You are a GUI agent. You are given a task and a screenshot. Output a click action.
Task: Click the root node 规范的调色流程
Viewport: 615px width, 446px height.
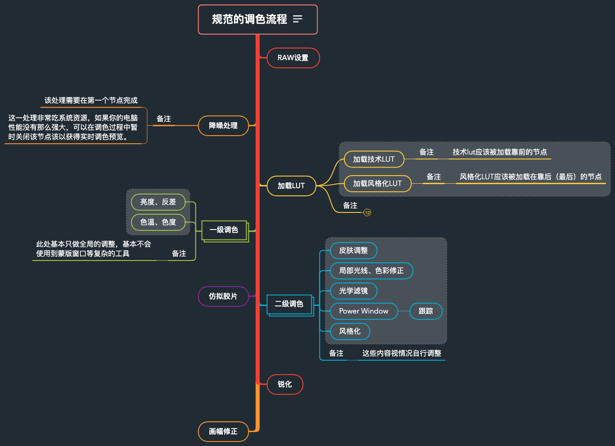click(x=249, y=19)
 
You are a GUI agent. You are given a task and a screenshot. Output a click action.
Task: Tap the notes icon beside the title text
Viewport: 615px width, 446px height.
click(x=297, y=19)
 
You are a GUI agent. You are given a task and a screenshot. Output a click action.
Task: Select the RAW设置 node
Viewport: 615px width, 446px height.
click(x=293, y=58)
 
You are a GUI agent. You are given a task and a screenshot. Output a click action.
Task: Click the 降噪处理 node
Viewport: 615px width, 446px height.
click(x=223, y=126)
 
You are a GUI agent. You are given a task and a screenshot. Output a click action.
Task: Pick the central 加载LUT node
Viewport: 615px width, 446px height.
click(x=291, y=185)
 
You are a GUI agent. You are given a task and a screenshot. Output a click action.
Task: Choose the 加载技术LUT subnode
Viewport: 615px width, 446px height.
click(x=374, y=159)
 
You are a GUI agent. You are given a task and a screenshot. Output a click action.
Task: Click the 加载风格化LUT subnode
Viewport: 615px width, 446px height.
click(x=377, y=183)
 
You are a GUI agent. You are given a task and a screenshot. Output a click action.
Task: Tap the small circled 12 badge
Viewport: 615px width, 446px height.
click(x=367, y=212)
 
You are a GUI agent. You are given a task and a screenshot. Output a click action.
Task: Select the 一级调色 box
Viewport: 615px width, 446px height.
click(x=224, y=230)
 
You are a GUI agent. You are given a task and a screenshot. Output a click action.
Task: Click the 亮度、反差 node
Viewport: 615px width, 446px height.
click(x=158, y=202)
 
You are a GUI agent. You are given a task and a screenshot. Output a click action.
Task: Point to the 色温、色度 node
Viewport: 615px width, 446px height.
click(x=158, y=222)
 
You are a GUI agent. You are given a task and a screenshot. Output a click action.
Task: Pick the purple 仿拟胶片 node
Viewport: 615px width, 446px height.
click(x=223, y=296)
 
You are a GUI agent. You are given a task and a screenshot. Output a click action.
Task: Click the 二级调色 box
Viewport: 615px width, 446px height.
click(x=289, y=304)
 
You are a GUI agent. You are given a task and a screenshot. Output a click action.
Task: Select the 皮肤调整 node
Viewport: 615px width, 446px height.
click(x=354, y=250)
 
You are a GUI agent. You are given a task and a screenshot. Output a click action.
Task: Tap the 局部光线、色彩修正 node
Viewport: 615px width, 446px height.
click(x=371, y=270)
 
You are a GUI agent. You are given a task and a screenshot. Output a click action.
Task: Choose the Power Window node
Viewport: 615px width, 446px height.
click(x=363, y=311)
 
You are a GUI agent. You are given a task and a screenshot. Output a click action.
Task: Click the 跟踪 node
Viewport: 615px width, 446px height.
click(x=426, y=311)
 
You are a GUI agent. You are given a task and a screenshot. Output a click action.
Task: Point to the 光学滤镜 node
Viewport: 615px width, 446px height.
click(x=354, y=291)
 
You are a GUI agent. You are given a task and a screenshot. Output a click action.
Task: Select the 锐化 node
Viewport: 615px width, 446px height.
click(x=285, y=384)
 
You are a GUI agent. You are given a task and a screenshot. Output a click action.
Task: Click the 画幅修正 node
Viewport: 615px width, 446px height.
click(x=223, y=432)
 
